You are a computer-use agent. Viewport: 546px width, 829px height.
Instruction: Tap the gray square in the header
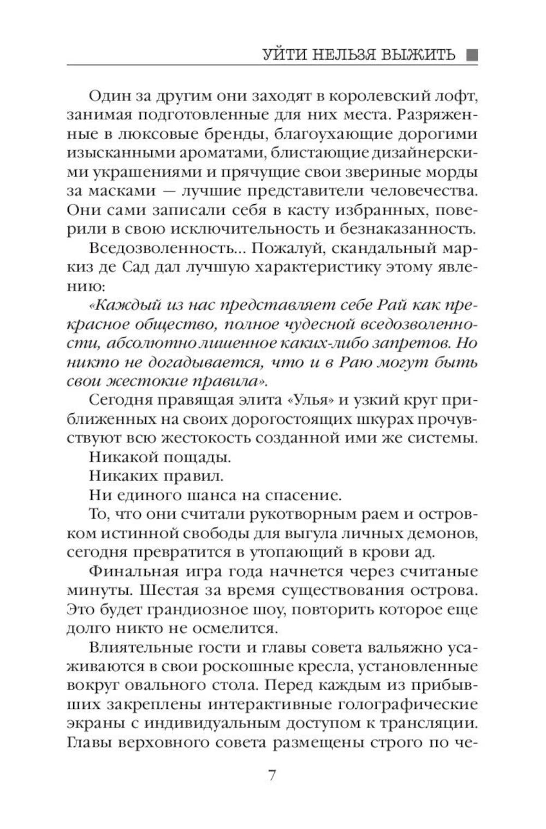(472, 55)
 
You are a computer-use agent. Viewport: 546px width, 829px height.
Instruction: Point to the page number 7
(272, 776)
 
